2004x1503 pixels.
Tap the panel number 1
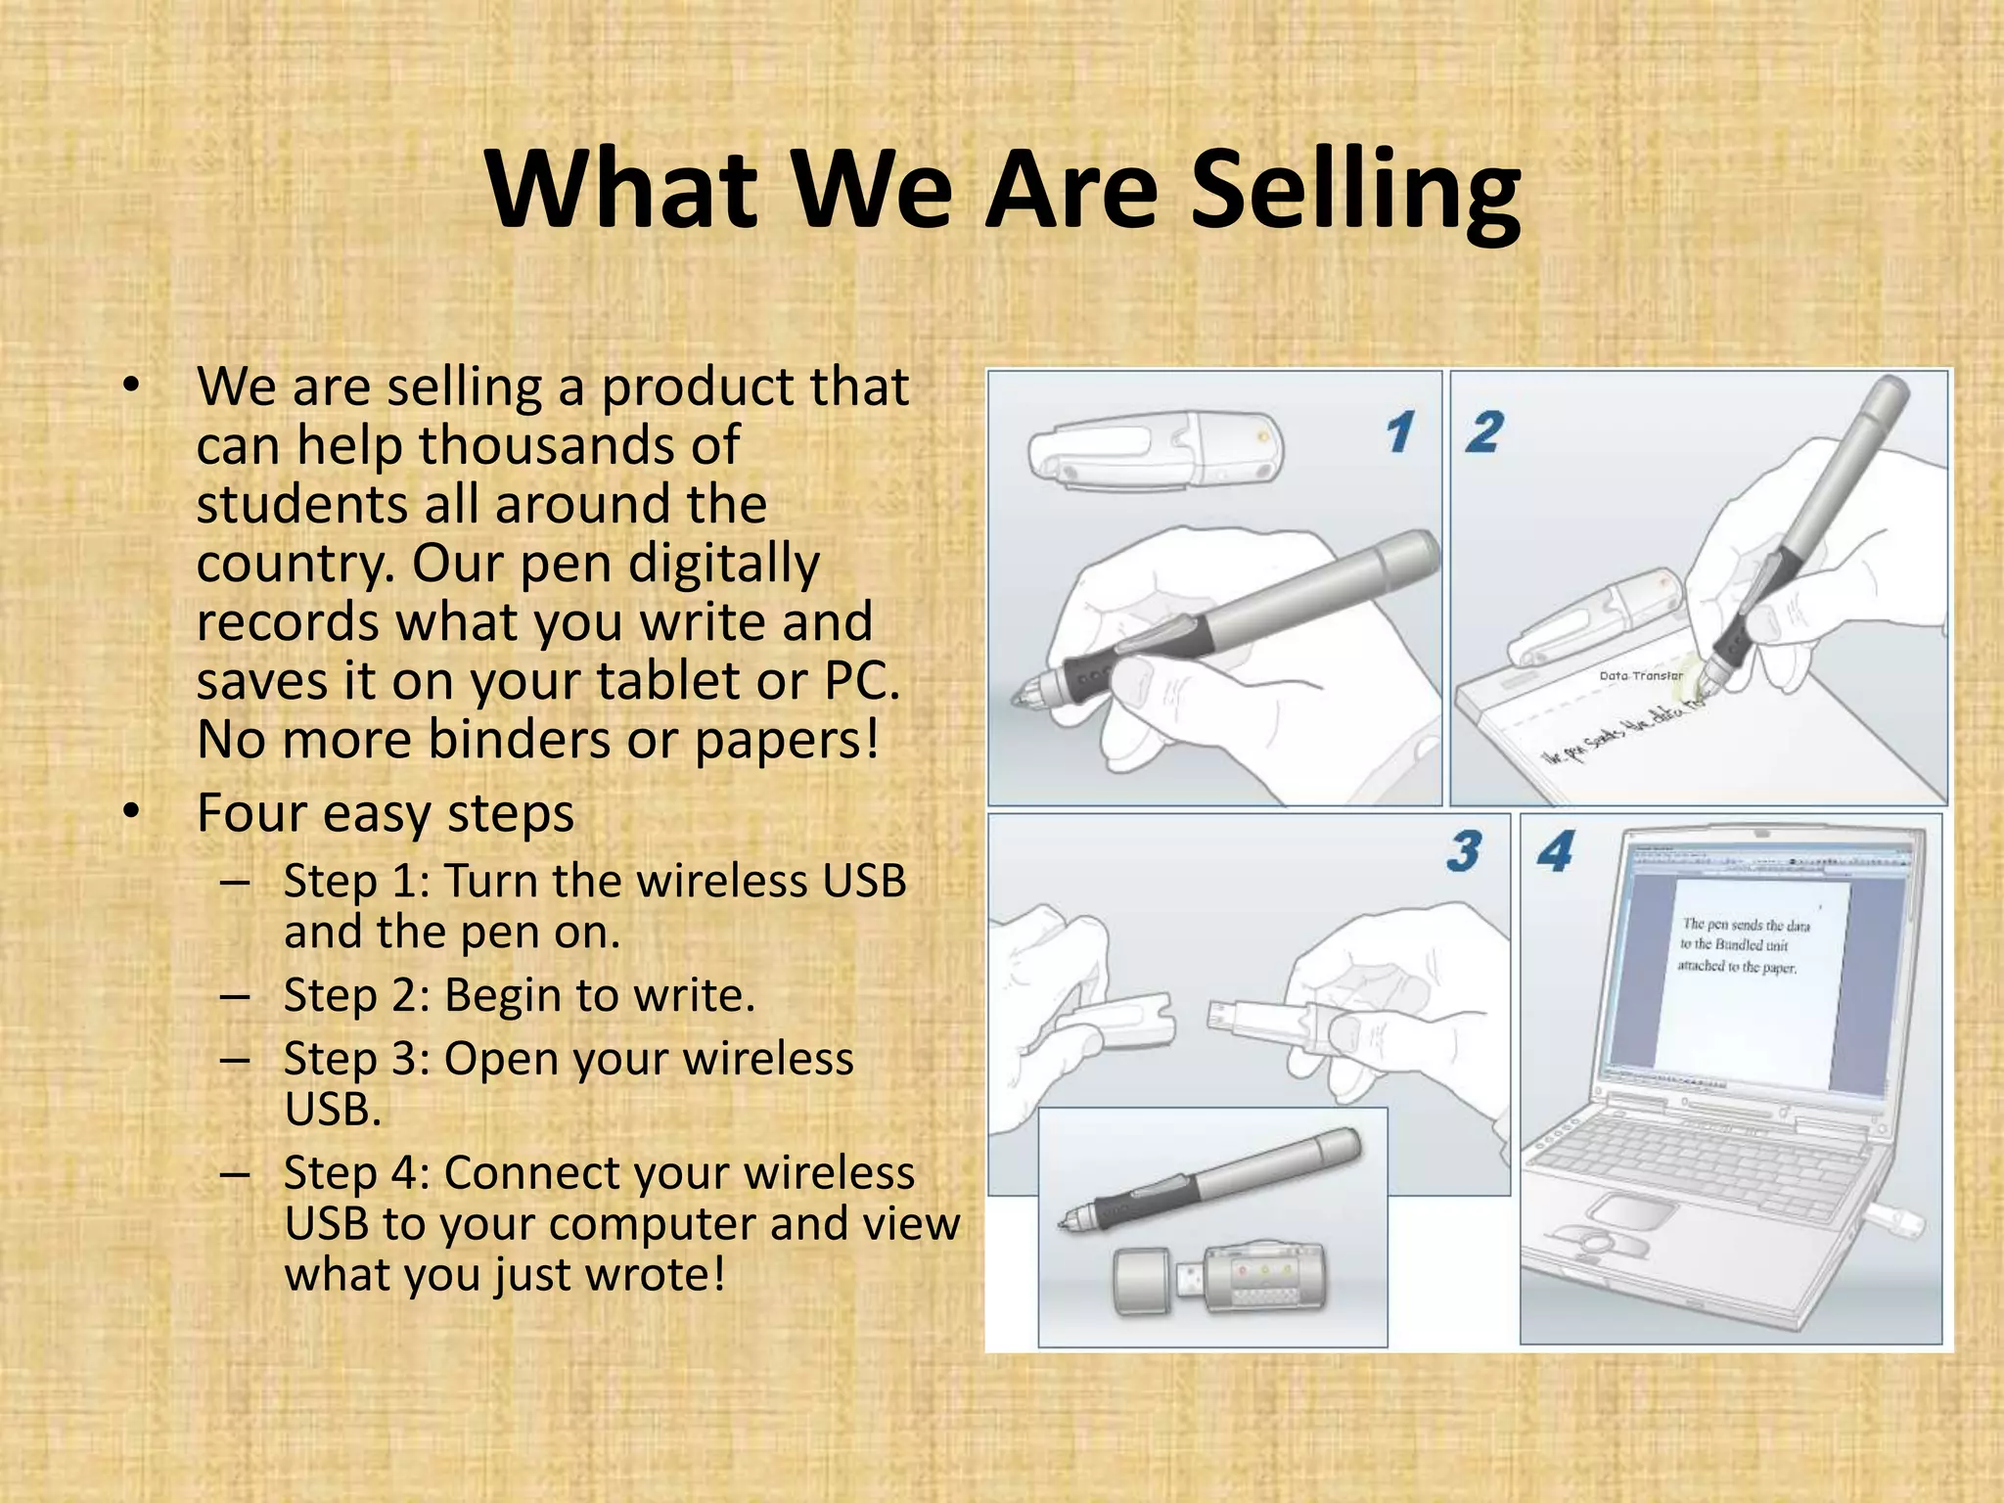(x=1400, y=433)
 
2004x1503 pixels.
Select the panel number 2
(x=1483, y=432)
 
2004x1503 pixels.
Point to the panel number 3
(x=1464, y=851)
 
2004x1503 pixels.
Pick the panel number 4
(x=1554, y=851)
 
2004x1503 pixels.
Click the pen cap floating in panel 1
(x=1155, y=447)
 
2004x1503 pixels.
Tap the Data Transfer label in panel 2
(x=1641, y=675)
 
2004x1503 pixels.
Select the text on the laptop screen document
(x=1744, y=945)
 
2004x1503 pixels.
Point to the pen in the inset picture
(x=1213, y=1179)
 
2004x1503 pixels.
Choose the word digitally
(x=723, y=565)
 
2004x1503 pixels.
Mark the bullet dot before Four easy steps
(x=132, y=812)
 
